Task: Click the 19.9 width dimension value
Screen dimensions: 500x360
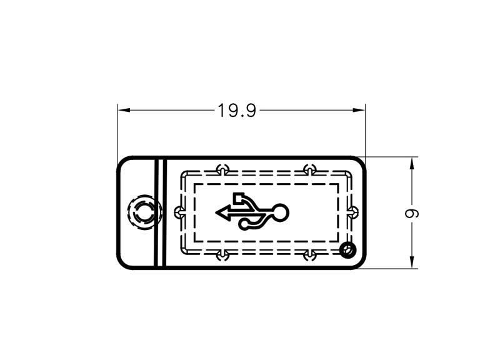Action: [237, 111]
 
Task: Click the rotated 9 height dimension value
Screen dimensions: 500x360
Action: [412, 214]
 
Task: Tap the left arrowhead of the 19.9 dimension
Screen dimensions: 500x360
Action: [124, 111]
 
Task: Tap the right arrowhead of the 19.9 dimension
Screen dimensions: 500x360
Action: [358, 111]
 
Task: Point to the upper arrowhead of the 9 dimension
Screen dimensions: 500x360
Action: [412, 164]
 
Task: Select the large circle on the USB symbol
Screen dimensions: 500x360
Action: [280, 212]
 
